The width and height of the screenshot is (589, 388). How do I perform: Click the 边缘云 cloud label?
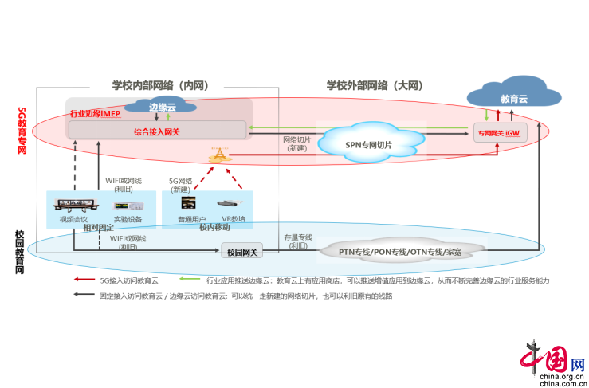click(x=163, y=107)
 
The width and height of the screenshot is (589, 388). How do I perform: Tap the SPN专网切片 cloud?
click(x=369, y=144)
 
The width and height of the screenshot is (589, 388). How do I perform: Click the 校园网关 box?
click(x=241, y=252)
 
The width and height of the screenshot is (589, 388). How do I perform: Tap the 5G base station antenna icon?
click(x=218, y=156)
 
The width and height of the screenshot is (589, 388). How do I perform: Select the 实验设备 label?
click(x=128, y=218)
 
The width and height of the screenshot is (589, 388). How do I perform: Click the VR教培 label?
click(x=233, y=218)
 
